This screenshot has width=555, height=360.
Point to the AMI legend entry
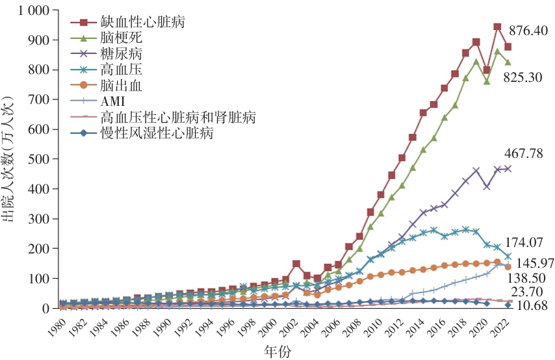(x=114, y=100)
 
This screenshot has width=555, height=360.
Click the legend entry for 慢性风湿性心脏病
(x=157, y=133)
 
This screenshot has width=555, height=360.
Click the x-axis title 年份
(x=277, y=352)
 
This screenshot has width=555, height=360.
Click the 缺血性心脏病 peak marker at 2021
(x=497, y=27)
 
